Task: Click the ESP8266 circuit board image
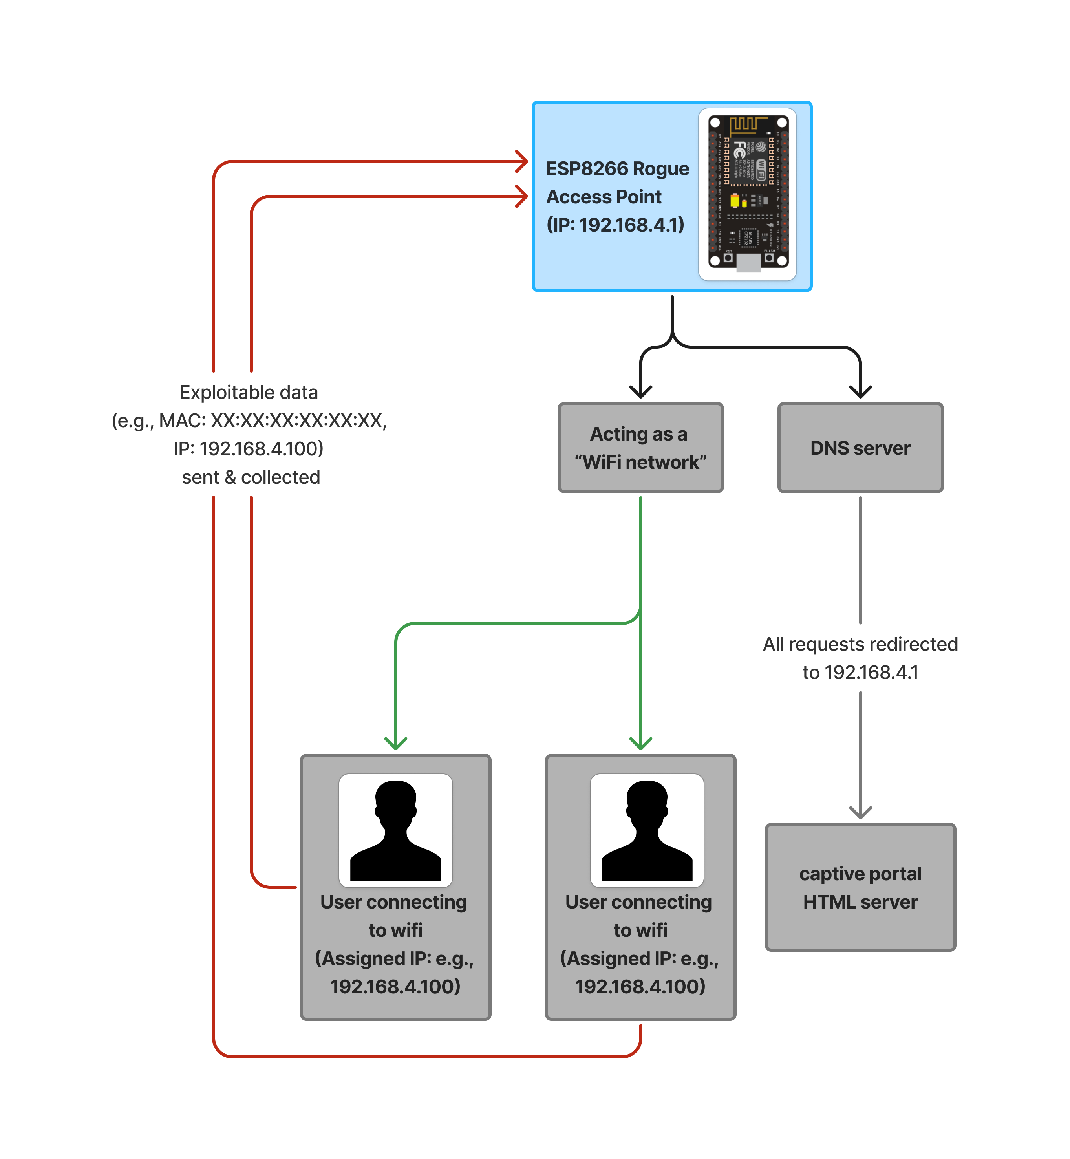pos(748,194)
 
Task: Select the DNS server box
pos(860,448)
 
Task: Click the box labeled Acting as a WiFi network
pos(640,448)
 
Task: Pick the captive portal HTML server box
pos(860,887)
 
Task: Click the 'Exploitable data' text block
pos(249,434)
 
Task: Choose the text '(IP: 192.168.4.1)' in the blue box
pos(615,225)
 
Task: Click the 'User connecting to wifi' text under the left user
pos(395,916)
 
